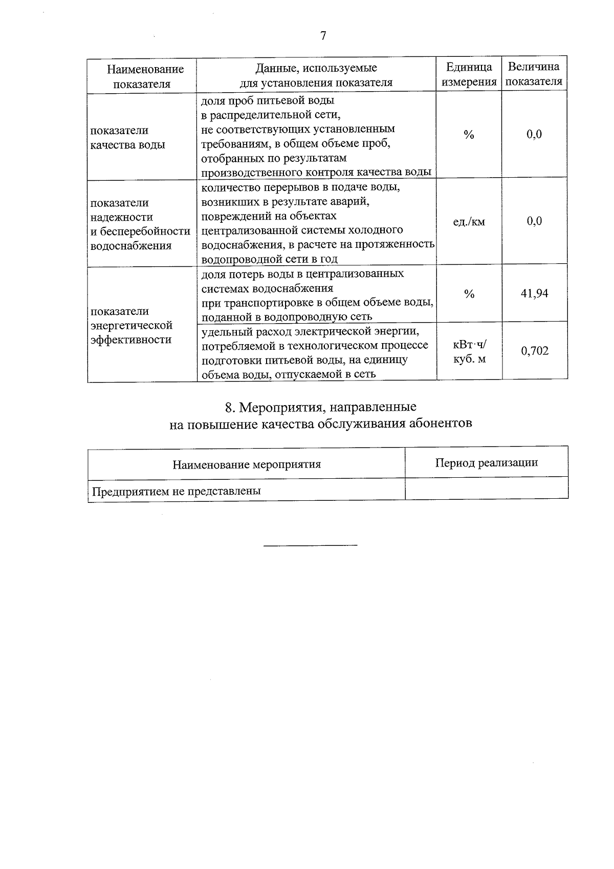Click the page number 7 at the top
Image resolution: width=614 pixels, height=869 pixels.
323,36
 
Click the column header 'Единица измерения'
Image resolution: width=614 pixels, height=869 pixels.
469,74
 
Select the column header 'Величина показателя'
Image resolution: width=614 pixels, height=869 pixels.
534,74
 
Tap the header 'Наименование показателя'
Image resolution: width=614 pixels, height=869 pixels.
142,76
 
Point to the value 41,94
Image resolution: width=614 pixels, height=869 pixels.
534,293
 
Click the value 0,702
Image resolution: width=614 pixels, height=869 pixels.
534,351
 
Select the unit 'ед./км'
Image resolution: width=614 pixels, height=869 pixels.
469,222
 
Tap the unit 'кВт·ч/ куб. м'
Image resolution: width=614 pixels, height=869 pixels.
469,352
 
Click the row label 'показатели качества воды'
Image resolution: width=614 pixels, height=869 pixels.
128,137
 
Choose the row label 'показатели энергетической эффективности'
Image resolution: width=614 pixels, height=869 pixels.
131,326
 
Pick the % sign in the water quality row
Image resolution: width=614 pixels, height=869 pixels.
469,135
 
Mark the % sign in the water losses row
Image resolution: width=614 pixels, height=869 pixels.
469,294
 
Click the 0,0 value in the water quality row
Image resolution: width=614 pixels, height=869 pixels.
534,135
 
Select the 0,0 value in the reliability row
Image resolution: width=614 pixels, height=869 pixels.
534,221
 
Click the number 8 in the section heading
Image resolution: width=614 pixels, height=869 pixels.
229,408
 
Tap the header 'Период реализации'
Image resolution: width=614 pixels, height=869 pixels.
486,463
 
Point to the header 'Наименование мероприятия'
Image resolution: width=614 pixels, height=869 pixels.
246,464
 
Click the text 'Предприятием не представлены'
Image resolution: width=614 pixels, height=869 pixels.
177,491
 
